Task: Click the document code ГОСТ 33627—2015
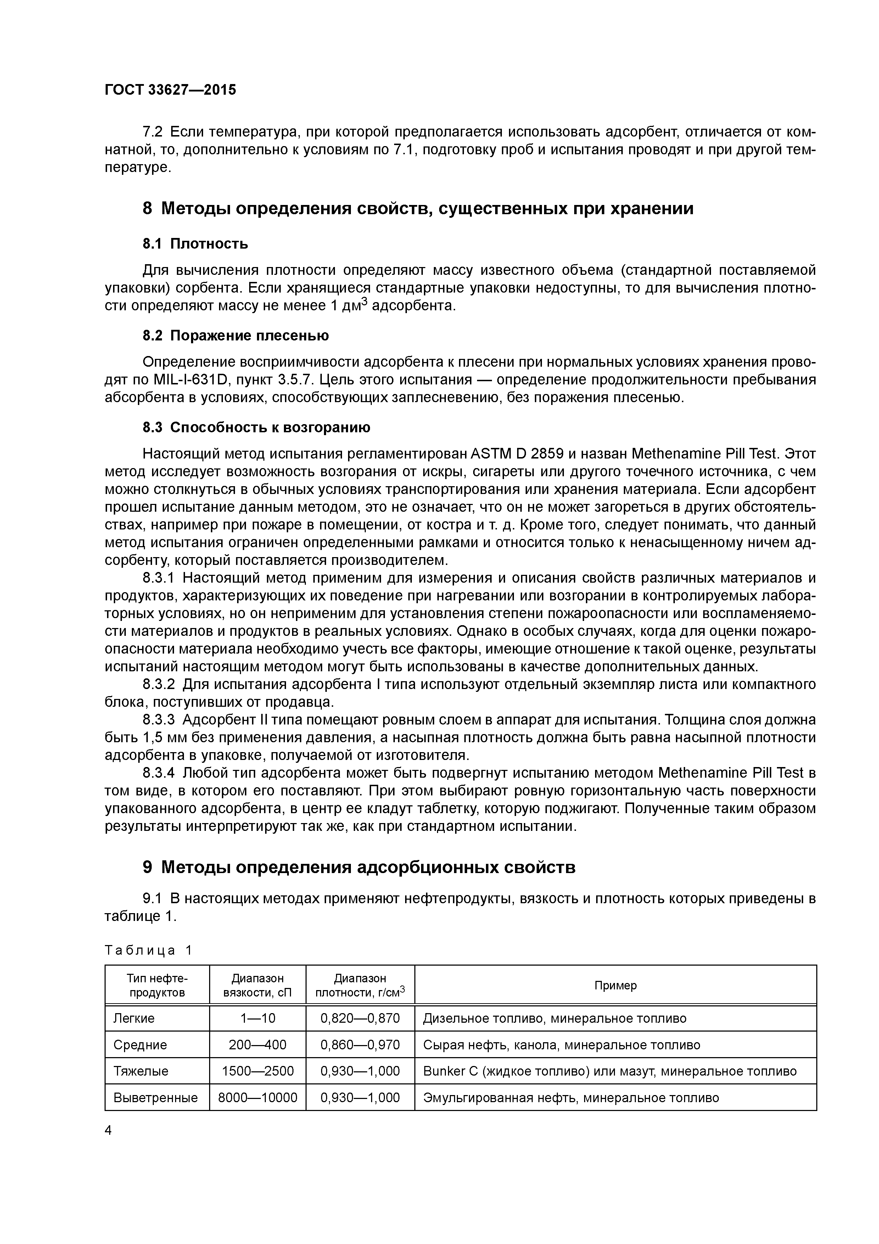(x=170, y=90)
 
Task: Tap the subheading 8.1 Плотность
(x=195, y=244)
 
